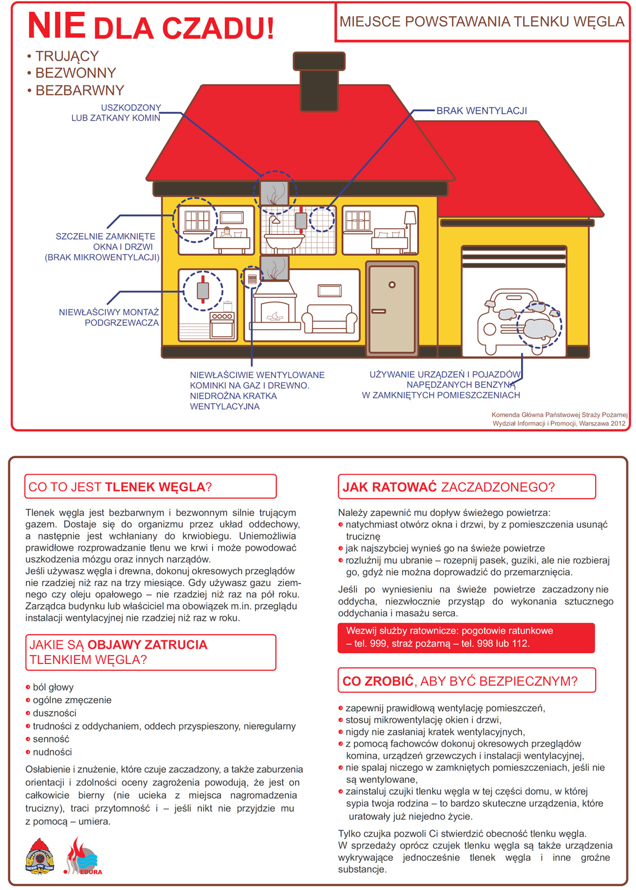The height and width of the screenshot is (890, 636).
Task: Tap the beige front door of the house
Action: tap(392, 308)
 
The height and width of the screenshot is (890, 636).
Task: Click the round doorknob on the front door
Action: tap(392, 285)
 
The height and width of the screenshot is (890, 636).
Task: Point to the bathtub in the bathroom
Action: tap(284, 242)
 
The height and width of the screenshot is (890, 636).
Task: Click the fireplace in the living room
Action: tap(274, 309)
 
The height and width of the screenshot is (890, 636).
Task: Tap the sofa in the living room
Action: tap(330, 319)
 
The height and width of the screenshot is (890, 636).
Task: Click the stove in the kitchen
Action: tap(222, 325)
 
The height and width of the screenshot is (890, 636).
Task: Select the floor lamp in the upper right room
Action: tap(410, 230)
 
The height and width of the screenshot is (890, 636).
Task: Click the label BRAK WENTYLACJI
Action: tap(481, 111)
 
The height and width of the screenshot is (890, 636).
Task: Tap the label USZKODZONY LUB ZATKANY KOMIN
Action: tap(116, 113)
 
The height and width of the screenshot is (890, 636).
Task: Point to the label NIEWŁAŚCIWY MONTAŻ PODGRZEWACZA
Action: tap(109, 317)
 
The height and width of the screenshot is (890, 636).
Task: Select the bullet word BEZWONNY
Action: tap(75, 73)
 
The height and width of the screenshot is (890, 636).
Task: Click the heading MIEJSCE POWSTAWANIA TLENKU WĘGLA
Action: tap(481, 22)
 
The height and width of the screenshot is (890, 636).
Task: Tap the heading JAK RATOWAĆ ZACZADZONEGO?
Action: tap(448, 487)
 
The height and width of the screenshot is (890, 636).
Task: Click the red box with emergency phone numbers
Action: tap(466, 638)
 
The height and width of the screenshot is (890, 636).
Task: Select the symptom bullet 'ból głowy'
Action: tap(53, 687)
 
